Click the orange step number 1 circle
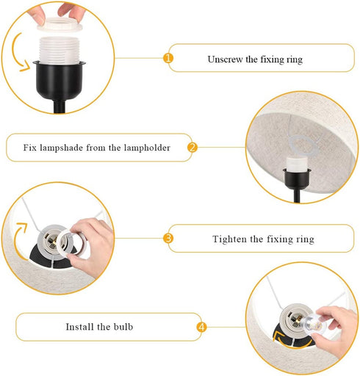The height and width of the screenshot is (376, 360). (x=168, y=58)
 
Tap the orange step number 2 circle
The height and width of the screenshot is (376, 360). (x=192, y=148)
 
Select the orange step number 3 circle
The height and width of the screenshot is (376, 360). (x=168, y=238)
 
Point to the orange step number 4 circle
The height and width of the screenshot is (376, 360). (x=201, y=327)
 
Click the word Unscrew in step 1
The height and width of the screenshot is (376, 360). (x=225, y=59)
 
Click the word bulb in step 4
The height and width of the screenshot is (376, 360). (x=123, y=327)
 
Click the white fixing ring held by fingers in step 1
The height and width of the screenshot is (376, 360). (x=60, y=23)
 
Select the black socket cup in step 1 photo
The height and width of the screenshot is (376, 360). (x=60, y=79)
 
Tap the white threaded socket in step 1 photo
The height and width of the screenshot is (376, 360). (x=60, y=50)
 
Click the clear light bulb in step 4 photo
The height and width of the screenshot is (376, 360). (x=312, y=325)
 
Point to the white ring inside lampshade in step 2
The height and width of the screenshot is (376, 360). (x=303, y=145)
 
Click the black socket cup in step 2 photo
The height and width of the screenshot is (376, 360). (x=297, y=178)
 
